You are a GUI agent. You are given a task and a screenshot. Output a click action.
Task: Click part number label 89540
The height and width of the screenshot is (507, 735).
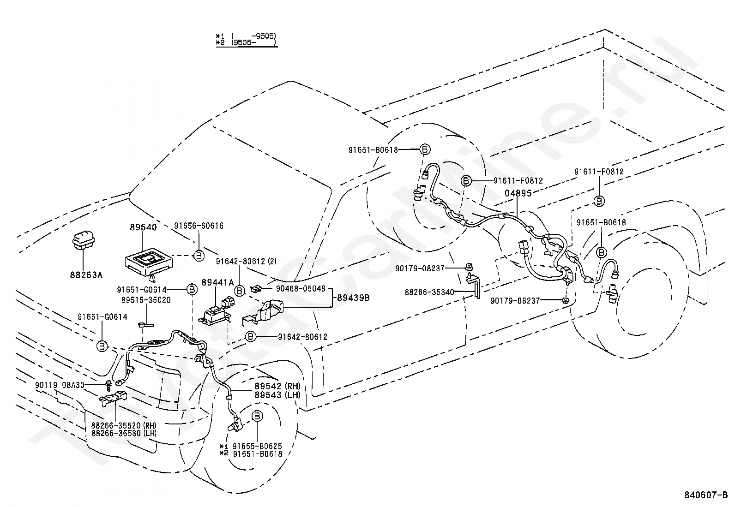click(x=143, y=227)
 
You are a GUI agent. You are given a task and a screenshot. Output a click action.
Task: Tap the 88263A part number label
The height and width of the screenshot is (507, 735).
click(x=86, y=275)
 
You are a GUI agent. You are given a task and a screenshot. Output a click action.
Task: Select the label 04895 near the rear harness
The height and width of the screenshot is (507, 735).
click(x=518, y=193)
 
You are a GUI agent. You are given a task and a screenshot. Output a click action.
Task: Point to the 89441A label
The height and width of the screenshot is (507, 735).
click(x=217, y=282)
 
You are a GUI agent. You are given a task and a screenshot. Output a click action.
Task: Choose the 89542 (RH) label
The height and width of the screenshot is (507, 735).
click(x=277, y=386)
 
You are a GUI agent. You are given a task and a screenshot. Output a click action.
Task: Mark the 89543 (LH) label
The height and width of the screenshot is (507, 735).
click(x=277, y=395)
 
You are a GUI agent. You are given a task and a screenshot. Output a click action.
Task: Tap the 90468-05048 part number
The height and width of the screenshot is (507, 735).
click(x=301, y=289)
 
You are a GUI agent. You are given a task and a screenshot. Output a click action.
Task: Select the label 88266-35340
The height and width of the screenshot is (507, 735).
click(x=429, y=292)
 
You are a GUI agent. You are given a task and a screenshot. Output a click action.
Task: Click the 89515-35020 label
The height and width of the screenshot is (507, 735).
click(x=146, y=300)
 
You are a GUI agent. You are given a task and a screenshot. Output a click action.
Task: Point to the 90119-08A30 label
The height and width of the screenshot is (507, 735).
click(x=60, y=385)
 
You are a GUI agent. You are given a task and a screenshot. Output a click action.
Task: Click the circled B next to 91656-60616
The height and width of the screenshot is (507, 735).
click(x=199, y=256)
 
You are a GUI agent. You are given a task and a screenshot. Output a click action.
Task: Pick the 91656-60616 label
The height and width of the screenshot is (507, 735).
click(x=199, y=226)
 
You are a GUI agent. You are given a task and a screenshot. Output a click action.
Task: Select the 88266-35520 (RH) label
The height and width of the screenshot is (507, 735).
click(x=124, y=425)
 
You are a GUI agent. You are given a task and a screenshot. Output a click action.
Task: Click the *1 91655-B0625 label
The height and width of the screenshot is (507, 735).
click(x=251, y=446)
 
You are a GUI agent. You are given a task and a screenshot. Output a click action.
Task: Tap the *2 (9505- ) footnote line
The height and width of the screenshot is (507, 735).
click(x=246, y=43)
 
